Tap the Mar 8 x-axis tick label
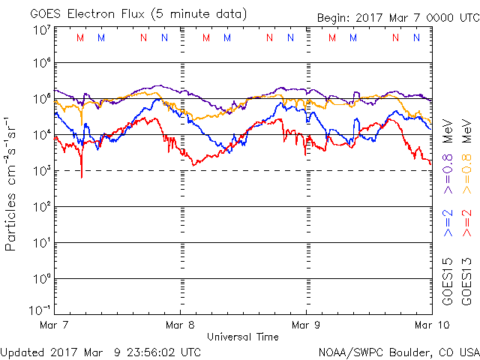click(x=180, y=325)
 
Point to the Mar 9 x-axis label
click(x=306, y=325)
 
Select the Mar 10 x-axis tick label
click(x=427, y=325)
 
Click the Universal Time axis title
click(x=242, y=337)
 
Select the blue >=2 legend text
click(x=448, y=223)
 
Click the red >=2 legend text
click(x=466, y=223)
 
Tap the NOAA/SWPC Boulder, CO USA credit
click(x=398, y=351)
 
